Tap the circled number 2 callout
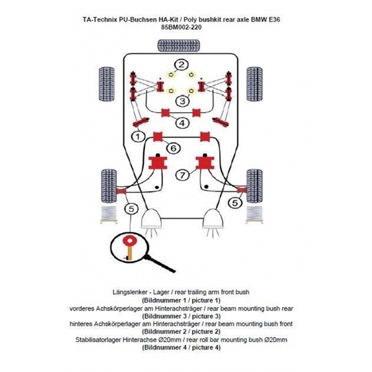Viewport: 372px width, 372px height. [180, 65]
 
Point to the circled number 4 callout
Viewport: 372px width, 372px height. [181, 123]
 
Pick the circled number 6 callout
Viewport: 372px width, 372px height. [174, 148]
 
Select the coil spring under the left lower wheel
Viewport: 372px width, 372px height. [108, 215]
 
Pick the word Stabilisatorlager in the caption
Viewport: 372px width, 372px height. [109, 340]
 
